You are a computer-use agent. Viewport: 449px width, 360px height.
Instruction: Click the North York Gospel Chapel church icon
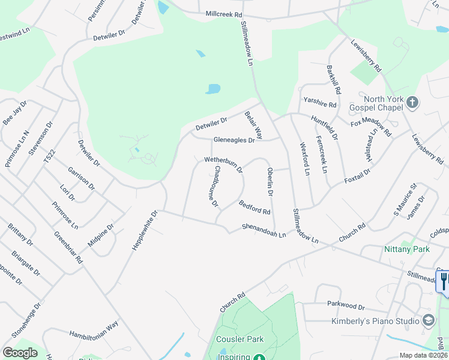coord(412,102)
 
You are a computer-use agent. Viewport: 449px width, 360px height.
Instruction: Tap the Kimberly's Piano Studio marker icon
coord(427,320)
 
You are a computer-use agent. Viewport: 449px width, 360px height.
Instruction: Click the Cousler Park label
coord(240,339)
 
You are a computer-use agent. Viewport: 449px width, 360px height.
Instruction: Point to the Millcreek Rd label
coord(224,13)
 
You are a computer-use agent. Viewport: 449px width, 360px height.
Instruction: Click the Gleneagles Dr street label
coord(234,140)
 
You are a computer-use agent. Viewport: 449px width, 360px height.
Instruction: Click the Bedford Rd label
coord(255,208)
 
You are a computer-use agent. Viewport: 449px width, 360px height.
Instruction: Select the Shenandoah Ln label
coord(264,230)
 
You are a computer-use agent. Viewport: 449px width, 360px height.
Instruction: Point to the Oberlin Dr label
coord(270,182)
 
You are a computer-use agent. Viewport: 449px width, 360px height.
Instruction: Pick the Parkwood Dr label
coord(345,307)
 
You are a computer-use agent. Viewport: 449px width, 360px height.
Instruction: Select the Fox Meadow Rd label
coord(371,127)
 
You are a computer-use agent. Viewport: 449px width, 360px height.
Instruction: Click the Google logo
coord(20,352)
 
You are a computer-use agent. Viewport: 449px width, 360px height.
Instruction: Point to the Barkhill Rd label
coord(334,80)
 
